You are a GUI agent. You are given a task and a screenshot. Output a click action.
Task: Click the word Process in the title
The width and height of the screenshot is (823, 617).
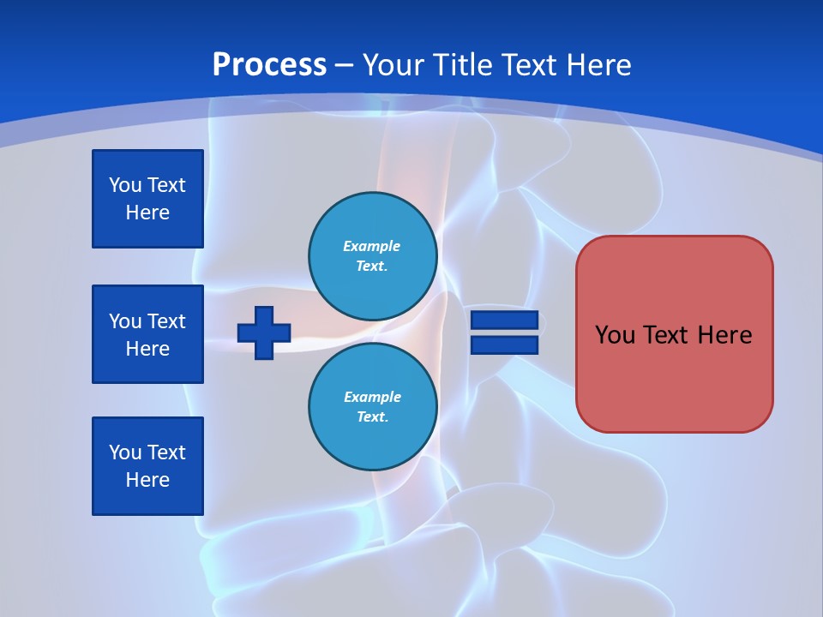(269, 65)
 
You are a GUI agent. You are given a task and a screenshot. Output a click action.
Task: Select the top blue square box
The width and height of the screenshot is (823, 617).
(147, 199)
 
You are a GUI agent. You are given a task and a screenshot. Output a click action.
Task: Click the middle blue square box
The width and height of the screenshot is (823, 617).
(147, 334)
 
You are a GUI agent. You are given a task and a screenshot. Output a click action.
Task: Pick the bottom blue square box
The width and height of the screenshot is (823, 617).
(147, 466)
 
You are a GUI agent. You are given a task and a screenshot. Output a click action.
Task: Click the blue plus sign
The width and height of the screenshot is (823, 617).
(263, 332)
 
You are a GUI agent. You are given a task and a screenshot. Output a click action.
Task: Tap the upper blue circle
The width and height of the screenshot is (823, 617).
(372, 256)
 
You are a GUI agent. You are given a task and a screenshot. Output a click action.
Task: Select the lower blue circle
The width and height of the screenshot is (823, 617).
(372, 407)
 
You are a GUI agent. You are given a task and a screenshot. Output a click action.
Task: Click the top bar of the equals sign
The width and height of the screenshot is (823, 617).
(504, 320)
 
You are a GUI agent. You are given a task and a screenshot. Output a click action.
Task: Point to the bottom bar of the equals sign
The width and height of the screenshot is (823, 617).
(504, 344)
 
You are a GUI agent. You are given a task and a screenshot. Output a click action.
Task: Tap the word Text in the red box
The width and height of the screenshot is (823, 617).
(671, 335)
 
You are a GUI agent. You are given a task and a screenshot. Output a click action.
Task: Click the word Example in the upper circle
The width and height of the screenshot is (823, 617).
(371, 246)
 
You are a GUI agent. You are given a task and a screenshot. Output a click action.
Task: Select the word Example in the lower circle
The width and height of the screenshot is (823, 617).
(372, 397)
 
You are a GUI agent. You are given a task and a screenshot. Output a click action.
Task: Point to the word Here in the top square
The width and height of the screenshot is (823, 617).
(147, 213)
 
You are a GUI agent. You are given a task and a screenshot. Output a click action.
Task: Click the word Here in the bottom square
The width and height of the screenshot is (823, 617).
(147, 480)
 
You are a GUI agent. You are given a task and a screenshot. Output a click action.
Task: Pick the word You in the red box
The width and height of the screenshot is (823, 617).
(615, 335)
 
